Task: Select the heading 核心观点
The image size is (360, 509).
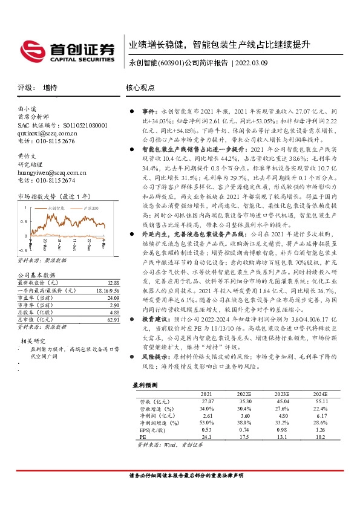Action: coord(140,88)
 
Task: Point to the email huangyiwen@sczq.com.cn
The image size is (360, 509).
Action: coord(53,172)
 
